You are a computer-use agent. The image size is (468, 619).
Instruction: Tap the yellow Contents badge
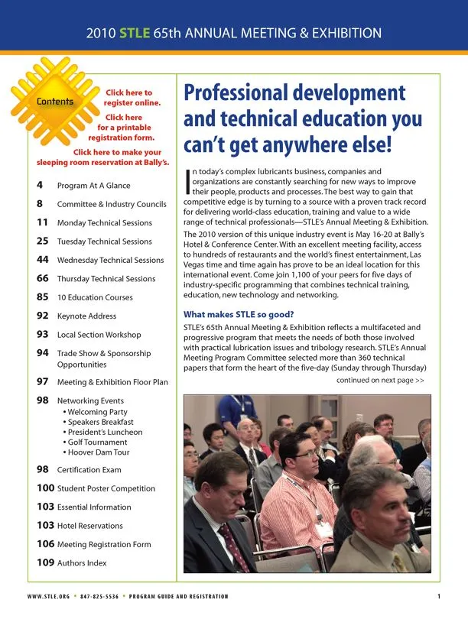[x=55, y=102]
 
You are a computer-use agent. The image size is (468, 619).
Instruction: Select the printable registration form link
[x=122, y=128]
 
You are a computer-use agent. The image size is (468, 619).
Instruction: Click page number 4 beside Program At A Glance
[x=39, y=185]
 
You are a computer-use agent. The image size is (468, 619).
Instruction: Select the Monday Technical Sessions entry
[x=104, y=223]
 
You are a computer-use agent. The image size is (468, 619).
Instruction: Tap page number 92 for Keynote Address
[x=43, y=316]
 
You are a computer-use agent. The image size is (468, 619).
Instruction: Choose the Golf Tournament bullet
[x=97, y=442]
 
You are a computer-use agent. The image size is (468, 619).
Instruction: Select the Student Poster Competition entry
[x=106, y=488]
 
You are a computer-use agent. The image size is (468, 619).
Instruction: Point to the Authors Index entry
[x=82, y=563]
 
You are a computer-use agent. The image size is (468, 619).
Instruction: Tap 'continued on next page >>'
[x=380, y=380]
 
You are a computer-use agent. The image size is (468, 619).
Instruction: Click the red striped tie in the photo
[x=234, y=547]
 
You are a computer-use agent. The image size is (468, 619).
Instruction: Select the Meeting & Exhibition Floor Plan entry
[x=112, y=381]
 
